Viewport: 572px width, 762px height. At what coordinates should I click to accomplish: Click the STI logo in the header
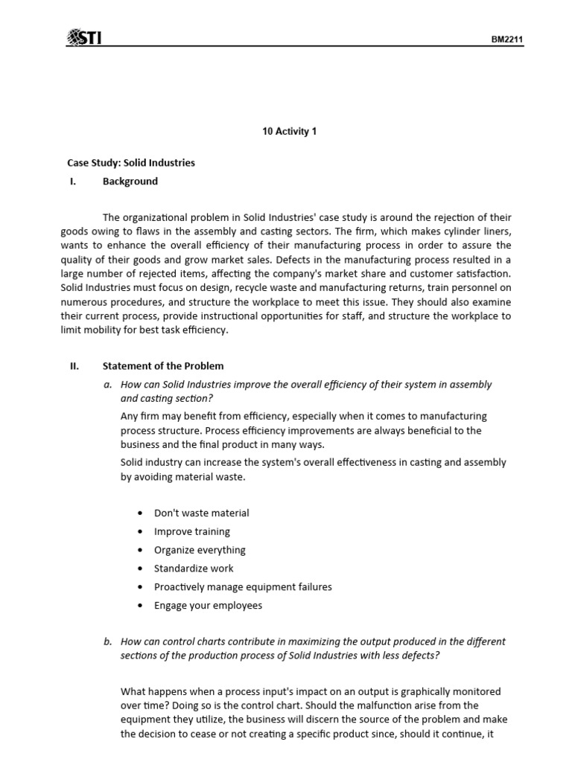tap(84, 36)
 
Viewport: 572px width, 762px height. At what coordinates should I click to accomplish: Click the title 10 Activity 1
tap(290, 132)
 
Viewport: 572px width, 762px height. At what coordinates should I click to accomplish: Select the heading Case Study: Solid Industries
tap(131, 162)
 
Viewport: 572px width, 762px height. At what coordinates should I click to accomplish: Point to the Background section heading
tap(130, 181)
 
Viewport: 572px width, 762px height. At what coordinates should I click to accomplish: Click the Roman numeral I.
tap(72, 181)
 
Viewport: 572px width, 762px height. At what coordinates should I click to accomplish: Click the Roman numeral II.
tap(74, 365)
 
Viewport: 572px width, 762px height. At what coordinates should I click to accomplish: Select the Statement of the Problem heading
tap(163, 365)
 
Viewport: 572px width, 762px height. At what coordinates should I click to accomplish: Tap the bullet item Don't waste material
tap(201, 513)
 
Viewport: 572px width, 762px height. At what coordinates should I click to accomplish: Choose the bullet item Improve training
tap(191, 531)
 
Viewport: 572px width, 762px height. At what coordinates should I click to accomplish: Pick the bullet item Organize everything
tap(200, 550)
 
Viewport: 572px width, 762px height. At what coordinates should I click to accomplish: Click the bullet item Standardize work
tap(194, 569)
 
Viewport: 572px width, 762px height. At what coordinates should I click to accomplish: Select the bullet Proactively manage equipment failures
tap(243, 586)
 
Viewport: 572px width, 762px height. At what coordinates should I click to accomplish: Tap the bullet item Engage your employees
tap(208, 605)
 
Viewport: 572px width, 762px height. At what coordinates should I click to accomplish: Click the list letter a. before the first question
tap(108, 384)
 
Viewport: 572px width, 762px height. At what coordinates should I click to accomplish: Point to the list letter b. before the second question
tap(108, 641)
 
